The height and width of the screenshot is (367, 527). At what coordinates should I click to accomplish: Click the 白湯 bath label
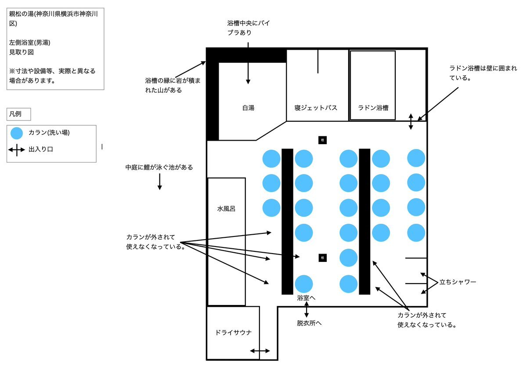(248, 108)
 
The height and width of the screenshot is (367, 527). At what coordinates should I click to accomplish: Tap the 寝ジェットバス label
(316, 108)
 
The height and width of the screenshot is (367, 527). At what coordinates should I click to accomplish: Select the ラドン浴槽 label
(373, 108)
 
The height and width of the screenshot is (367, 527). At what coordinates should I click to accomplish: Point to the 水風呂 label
(226, 209)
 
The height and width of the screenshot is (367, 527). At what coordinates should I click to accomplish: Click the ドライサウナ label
(234, 332)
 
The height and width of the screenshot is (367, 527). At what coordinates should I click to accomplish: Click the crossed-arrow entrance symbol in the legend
(17, 150)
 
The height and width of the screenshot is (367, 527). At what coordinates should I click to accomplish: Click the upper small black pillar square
(323, 140)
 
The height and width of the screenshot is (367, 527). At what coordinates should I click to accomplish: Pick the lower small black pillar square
(323, 258)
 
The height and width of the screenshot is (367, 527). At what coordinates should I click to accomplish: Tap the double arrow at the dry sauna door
(260, 351)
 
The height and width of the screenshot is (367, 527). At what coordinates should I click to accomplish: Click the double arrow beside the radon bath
(411, 122)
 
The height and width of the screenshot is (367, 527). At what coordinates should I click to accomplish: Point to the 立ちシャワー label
(458, 282)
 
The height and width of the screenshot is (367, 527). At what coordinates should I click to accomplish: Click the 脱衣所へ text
(309, 323)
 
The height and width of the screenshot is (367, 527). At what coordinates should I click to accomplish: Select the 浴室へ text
(306, 298)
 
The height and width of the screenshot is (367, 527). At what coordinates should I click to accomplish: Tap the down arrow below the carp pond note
(159, 182)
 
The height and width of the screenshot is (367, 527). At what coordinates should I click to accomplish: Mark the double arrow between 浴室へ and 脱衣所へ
(306, 310)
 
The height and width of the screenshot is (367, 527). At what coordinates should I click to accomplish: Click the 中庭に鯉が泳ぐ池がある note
(159, 167)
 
